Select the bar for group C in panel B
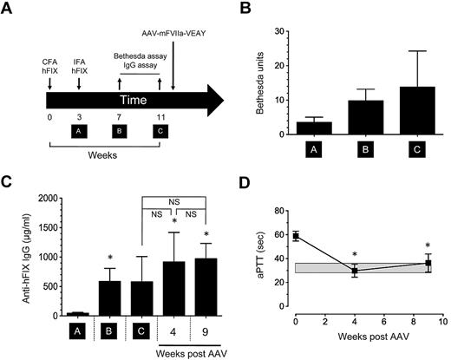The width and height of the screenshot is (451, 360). pos(398,110)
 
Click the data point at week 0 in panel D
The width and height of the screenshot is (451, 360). pos(296,236)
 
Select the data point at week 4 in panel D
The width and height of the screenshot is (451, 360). pos(355,271)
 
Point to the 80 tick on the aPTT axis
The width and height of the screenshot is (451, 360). pos(281,210)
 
